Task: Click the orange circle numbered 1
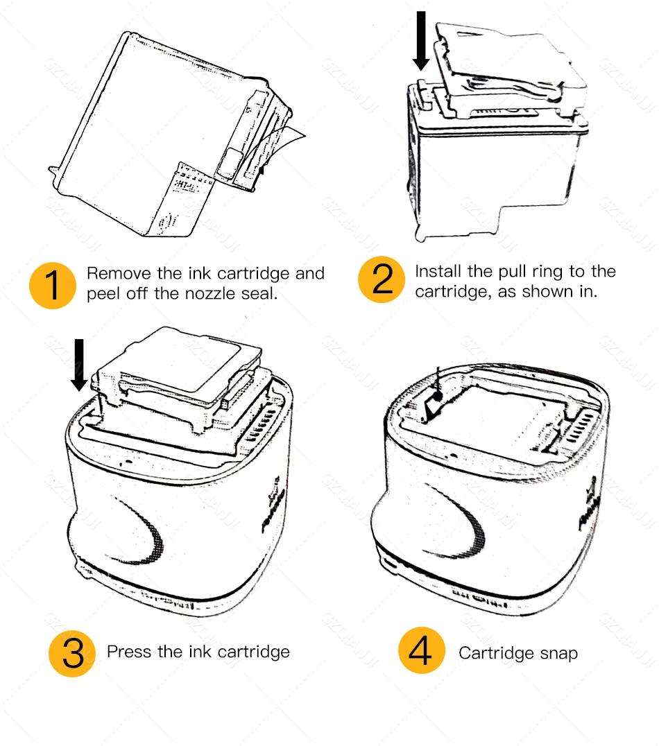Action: (53, 285)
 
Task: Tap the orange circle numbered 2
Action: (382, 281)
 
